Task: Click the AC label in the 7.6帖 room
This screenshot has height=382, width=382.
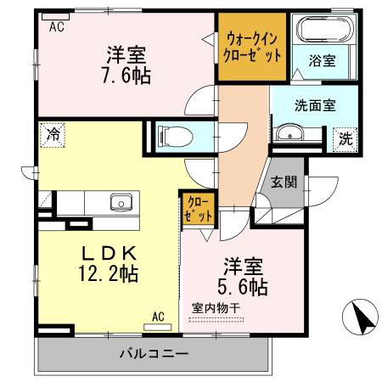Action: point(56,27)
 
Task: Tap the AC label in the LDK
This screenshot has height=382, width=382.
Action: point(158,317)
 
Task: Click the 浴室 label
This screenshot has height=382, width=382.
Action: point(322,61)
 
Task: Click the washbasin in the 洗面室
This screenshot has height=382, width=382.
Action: point(289,134)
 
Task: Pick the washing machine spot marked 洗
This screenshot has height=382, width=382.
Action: point(345,138)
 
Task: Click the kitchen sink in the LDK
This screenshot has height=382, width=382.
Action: point(121,203)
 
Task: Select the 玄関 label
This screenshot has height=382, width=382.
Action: point(283,181)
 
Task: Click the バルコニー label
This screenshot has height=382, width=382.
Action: point(153,353)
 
